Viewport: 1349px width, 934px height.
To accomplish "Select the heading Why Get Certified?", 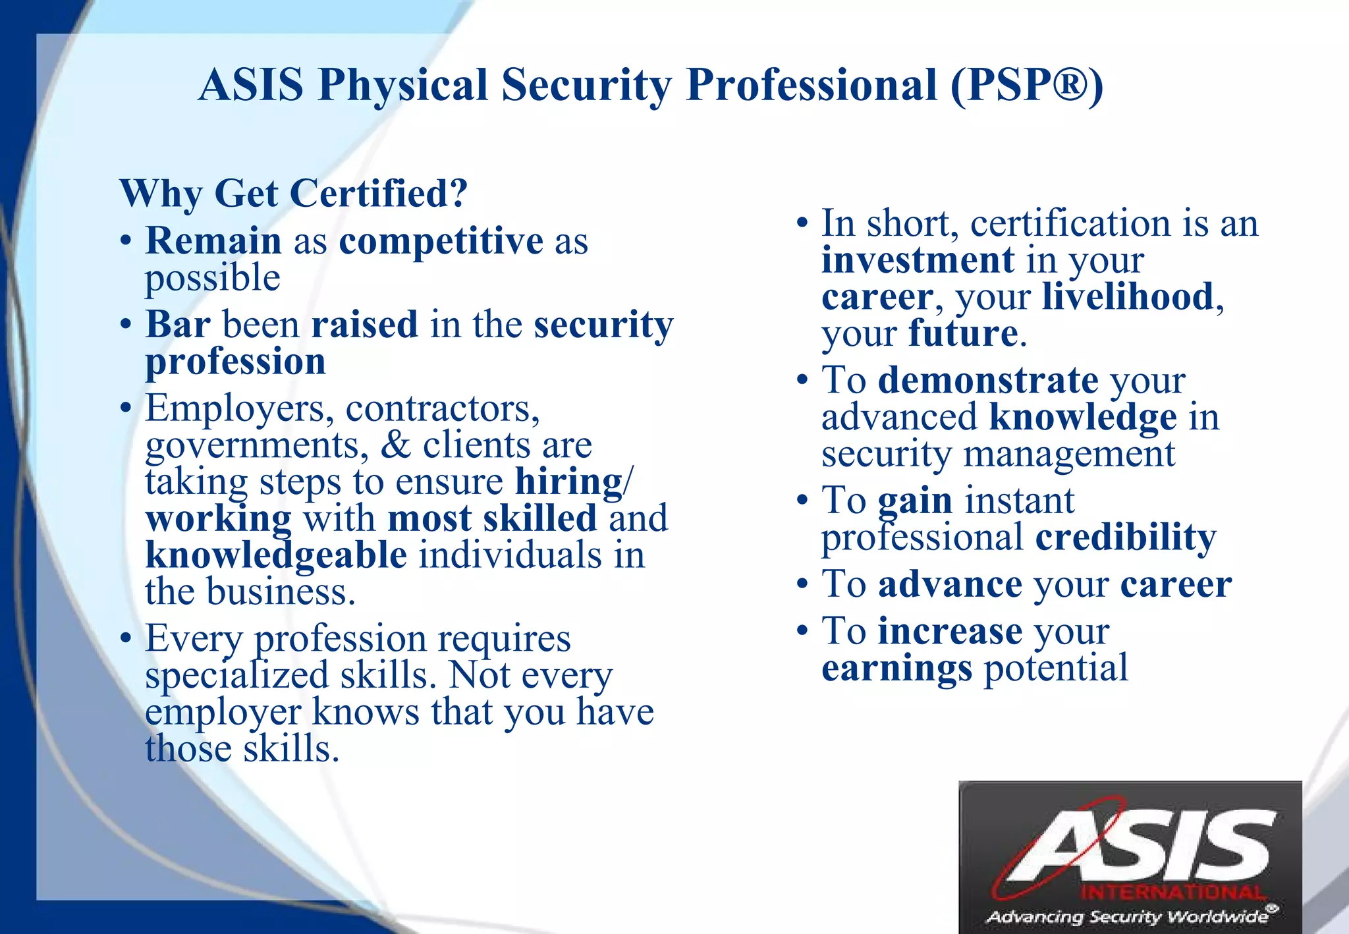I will [293, 194].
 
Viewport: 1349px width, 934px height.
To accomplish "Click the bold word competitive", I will [441, 240].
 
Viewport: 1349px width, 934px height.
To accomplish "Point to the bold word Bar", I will [178, 324].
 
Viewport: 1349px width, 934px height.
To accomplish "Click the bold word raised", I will [364, 324].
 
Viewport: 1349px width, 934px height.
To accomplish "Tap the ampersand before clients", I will [395, 445].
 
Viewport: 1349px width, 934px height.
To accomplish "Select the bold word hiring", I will [568, 482].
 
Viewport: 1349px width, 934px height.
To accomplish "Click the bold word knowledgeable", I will [276, 555].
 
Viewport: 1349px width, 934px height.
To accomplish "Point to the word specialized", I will [236, 676].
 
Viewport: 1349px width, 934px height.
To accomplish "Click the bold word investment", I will [918, 260].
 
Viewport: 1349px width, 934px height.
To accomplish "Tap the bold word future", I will [963, 333].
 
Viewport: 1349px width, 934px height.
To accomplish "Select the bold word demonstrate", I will [988, 381].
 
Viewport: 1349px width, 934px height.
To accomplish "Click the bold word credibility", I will [1125, 537].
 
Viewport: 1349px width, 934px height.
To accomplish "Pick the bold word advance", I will [950, 584].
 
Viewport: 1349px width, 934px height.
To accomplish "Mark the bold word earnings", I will [896, 669].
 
